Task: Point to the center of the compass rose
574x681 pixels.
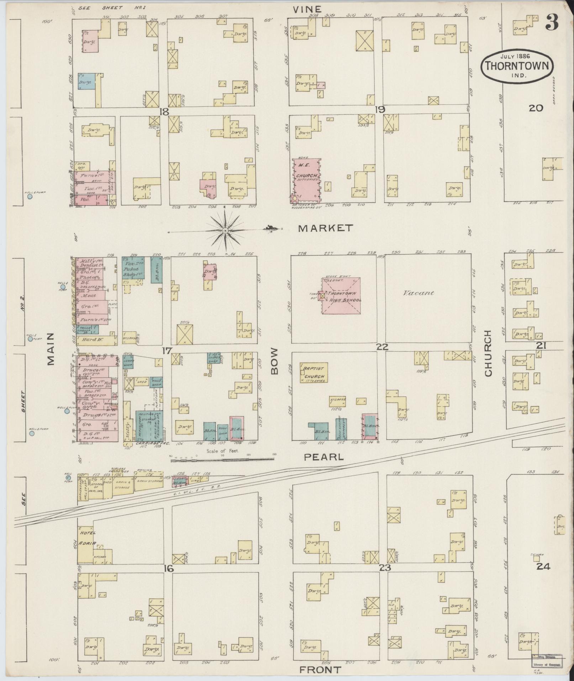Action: coord(225,231)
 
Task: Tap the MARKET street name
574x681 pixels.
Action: coord(325,228)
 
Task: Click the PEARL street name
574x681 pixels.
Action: coord(324,457)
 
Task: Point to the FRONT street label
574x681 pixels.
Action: coord(320,670)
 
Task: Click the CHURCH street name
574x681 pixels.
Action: coord(487,353)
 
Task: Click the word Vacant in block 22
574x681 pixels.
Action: coord(418,293)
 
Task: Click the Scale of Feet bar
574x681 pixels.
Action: coord(223,460)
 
